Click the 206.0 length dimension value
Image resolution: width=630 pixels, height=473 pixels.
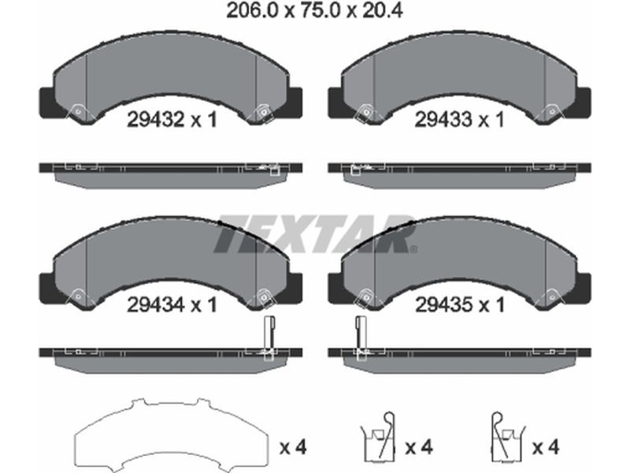252,11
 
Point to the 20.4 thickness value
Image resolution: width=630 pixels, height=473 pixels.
382,11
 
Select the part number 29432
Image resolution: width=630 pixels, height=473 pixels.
155,120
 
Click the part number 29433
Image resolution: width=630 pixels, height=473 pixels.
443,120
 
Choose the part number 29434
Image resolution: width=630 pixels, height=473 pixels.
155,304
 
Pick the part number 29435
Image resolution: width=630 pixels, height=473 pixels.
443,304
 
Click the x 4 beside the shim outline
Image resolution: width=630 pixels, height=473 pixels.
293,447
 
